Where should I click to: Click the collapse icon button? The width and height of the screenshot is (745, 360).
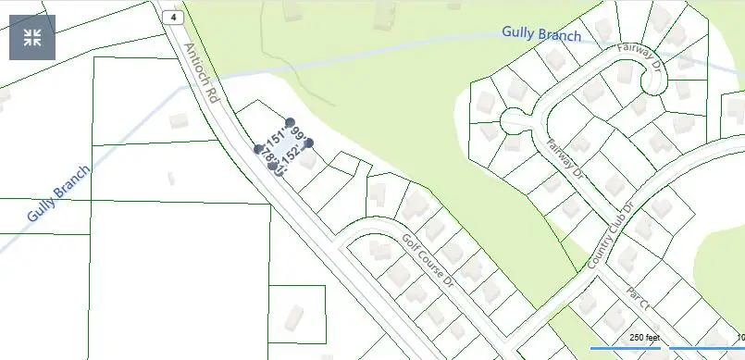pyautogui.click(x=32, y=37)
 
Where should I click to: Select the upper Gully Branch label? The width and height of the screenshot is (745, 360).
pyautogui.click(x=541, y=34)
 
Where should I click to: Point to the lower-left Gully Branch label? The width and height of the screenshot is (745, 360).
pyautogui.click(x=58, y=195)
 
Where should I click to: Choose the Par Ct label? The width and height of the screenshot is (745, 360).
pyautogui.click(x=638, y=296)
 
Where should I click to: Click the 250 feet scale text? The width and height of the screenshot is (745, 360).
pyautogui.click(x=644, y=338)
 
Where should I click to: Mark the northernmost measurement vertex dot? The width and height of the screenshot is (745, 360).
pyautogui.click(x=290, y=122)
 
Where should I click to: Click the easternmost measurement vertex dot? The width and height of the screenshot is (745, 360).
pyautogui.click(x=309, y=143)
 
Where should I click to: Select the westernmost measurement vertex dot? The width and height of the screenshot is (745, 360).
pyautogui.click(x=259, y=148)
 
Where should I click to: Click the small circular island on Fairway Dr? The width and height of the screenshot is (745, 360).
pyautogui.click(x=512, y=120)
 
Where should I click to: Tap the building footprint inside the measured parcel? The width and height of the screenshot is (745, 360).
pyautogui.click(x=306, y=159)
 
